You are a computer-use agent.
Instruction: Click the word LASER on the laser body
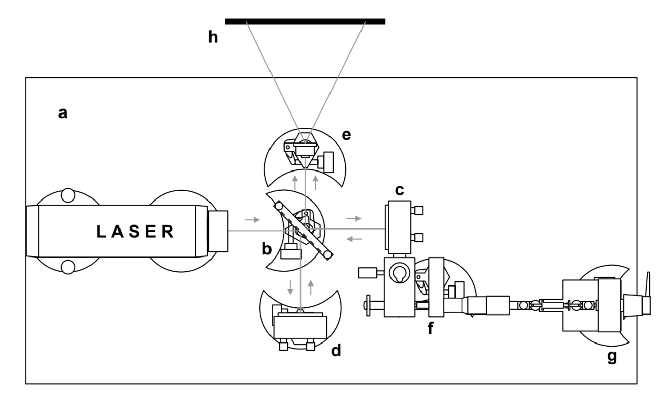click(136, 232)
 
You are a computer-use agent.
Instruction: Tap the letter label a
click(62, 113)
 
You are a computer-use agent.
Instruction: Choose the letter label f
click(430, 328)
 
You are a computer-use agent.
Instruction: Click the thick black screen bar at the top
click(305, 21)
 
